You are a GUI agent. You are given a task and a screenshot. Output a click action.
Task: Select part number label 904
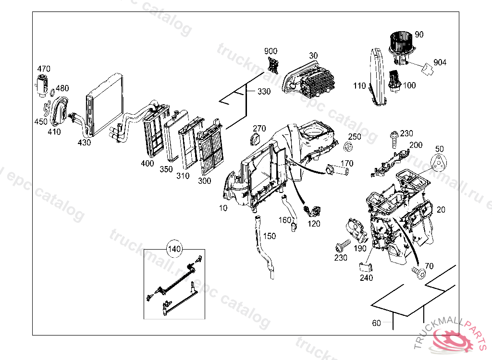tap(440, 62)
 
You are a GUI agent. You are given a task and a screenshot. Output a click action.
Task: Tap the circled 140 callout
tap(174, 249)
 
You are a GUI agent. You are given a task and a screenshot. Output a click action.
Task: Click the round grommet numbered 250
tap(350, 146)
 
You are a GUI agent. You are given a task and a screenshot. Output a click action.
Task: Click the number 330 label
tap(264, 91)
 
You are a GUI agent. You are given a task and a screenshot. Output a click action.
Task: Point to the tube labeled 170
tap(338, 171)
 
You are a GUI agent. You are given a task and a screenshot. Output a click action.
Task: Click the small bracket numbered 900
tap(274, 64)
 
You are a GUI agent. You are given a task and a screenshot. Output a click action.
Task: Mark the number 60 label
tap(376, 323)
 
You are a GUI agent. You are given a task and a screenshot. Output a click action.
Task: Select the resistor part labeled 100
tap(394, 80)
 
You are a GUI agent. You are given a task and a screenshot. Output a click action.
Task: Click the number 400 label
tap(148, 163)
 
